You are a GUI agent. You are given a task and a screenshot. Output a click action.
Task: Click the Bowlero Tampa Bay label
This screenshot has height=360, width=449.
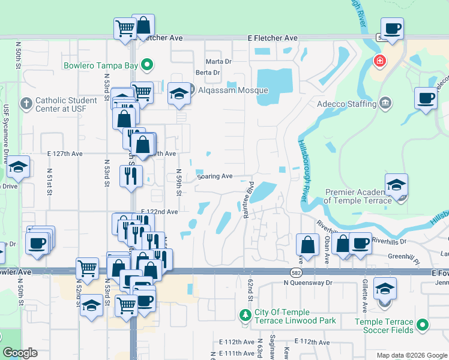[x=101, y=65]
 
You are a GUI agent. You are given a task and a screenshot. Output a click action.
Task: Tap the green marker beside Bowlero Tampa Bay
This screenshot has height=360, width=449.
[x=147, y=65]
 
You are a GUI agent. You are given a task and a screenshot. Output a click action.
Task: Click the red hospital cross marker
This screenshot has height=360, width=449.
[x=379, y=61]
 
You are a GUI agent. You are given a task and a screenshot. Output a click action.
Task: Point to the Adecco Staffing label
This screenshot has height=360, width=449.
[x=346, y=104]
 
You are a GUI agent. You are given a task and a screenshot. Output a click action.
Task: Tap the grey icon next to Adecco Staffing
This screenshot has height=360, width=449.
[x=385, y=104]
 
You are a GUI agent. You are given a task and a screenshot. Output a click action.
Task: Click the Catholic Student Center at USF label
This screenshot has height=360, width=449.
[x=66, y=104]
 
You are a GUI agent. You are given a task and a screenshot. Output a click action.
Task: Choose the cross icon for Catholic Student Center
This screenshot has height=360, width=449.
[x=25, y=104]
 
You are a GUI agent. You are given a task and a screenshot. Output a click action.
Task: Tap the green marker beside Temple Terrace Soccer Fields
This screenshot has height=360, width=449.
[x=423, y=325]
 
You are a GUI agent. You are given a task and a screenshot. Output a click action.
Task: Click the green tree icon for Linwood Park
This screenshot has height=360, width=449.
[x=244, y=316]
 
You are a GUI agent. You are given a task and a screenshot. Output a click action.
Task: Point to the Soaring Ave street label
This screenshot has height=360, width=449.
[x=215, y=176]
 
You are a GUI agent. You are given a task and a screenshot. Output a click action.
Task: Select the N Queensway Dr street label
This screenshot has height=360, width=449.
[x=308, y=282]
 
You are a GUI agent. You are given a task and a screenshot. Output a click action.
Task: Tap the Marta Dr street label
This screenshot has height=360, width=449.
[x=218, y=61]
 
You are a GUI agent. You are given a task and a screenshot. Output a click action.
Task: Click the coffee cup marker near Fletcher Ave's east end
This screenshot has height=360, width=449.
[x=392, y=29]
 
